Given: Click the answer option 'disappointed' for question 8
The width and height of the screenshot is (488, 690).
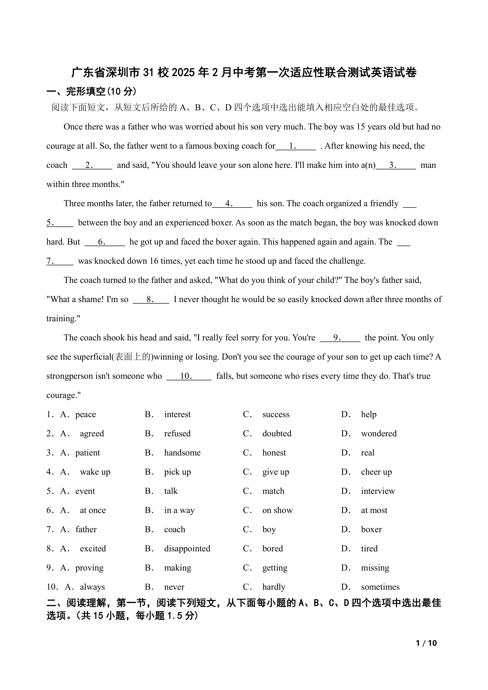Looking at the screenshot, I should [187, 548].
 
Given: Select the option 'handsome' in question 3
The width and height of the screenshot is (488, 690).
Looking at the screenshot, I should [182, 453].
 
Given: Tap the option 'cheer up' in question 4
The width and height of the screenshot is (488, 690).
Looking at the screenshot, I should [376, 472].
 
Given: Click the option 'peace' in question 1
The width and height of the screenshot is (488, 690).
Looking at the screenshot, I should [85, 414].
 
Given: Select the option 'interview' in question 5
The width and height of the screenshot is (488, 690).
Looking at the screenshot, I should [378, 491].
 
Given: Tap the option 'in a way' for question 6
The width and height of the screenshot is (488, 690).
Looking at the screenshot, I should [179, 510].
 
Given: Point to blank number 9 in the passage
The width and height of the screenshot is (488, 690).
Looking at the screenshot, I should [340, 338].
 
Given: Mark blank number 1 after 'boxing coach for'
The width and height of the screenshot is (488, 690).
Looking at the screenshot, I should [295, 146].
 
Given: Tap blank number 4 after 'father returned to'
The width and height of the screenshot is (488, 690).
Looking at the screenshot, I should [232, 203].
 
